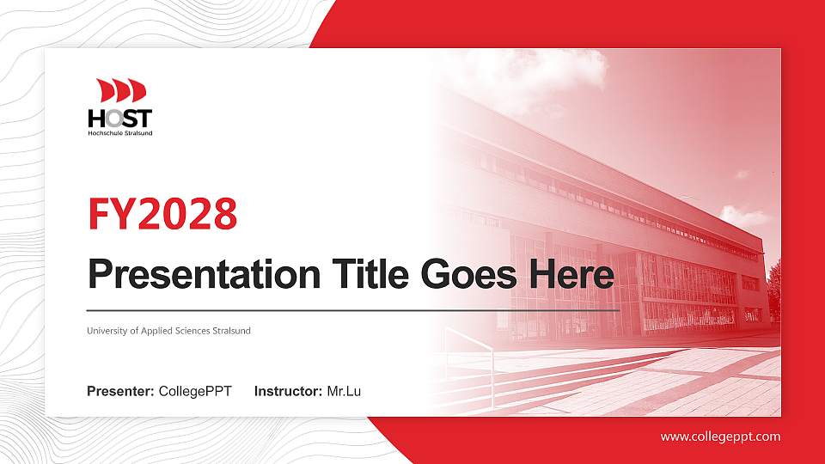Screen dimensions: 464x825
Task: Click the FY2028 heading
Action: [162, 214]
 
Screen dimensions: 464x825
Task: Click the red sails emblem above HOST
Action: [121, 90]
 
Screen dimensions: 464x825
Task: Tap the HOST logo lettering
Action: [119, 118]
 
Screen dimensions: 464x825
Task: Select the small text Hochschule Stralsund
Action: [119, 133]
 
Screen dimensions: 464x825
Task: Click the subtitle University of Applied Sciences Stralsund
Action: [168, 331]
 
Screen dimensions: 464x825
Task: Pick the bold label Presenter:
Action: [120, 392]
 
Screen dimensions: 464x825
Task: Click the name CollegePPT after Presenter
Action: [195, 392]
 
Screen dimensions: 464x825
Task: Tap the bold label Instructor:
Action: [289, 392]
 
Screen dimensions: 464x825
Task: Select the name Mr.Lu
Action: [344, 392]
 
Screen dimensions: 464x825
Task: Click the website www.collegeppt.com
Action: [720, 437]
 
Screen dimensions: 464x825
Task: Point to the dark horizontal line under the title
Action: [352, 308]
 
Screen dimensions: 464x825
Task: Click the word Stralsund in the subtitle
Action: [231, 331]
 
